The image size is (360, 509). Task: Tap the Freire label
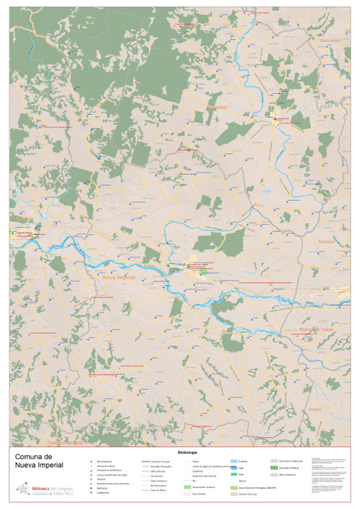tap(314, 410)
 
